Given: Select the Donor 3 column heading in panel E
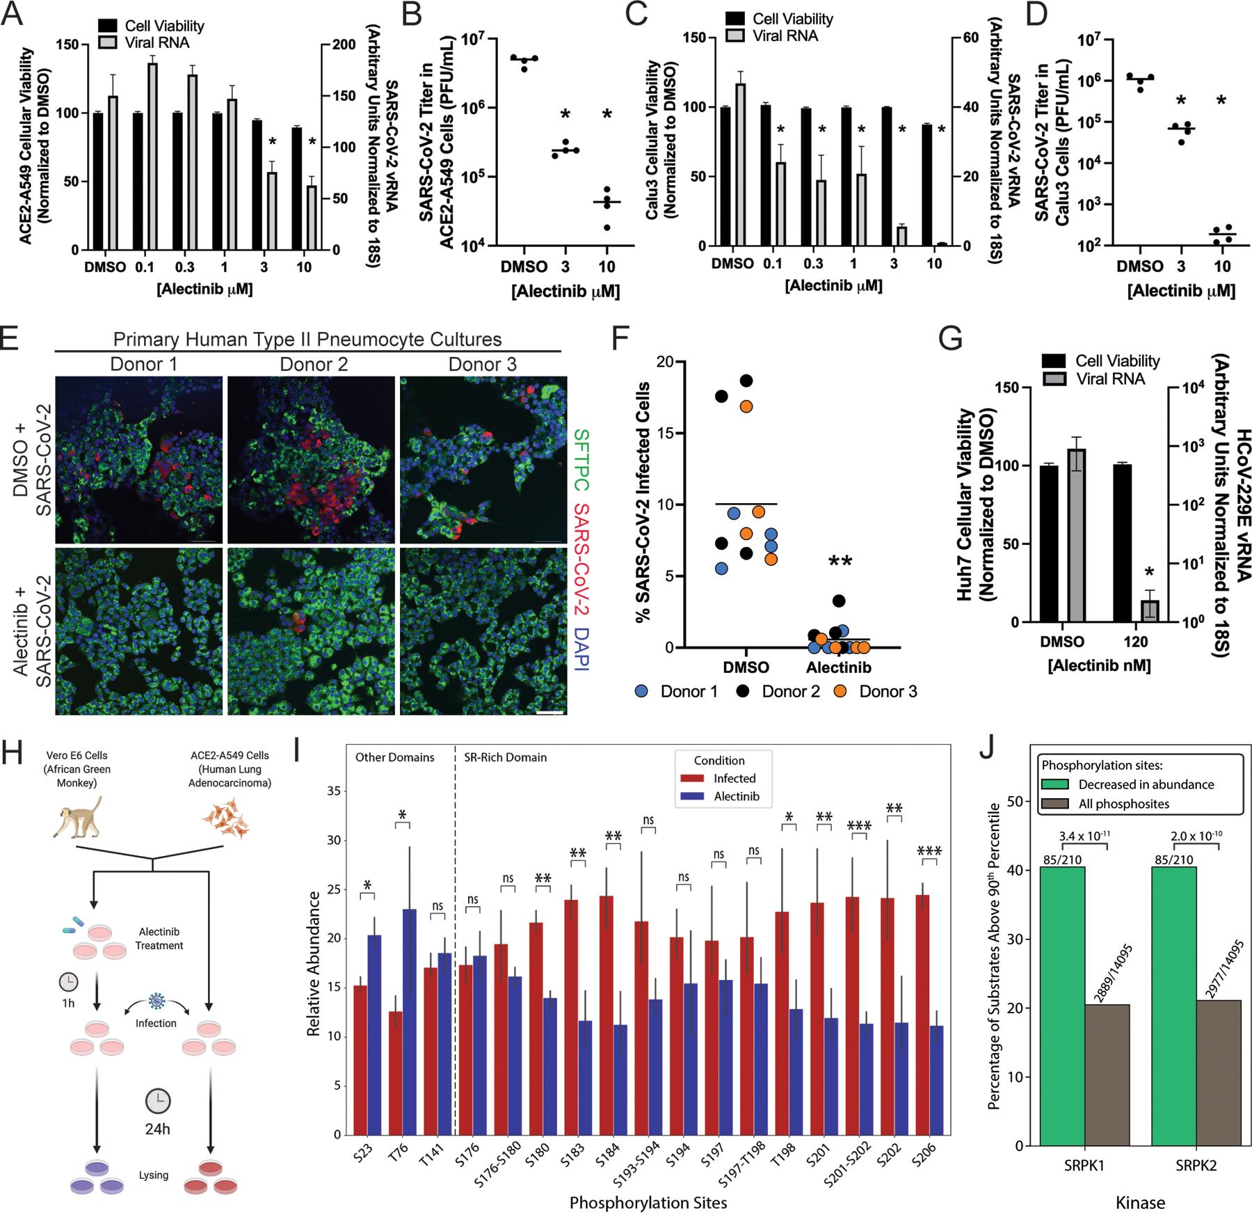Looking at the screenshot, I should coord(482,365).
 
